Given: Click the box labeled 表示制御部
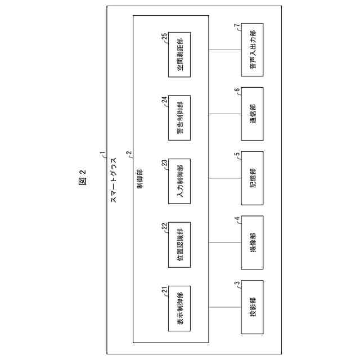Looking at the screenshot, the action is click(179, 308).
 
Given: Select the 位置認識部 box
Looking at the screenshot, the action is click(179, 244).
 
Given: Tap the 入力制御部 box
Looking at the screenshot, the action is click(179, 180).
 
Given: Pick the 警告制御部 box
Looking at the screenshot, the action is click(179, 116).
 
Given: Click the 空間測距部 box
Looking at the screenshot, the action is click(179, 55).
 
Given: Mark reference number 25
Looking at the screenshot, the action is click(164, 37).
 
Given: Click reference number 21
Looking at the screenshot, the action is click(164, 290).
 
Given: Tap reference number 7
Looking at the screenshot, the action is click(237, 26).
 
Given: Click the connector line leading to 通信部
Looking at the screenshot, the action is click(225, 114).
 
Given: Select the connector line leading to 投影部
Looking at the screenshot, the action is click(225, 308).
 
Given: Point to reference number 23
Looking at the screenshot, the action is click(164, 163).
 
